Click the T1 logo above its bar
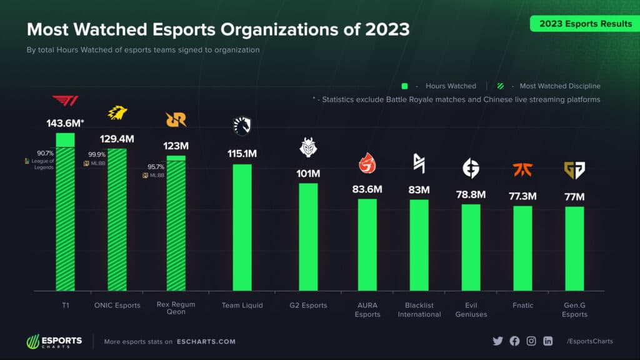pos(65,101)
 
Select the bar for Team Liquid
pos(242,227)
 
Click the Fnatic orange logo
pos(522,169)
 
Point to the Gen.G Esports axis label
pos(574,310)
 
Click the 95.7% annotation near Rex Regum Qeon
pos(156,167)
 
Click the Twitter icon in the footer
pos(497,341)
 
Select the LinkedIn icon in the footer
pos(548,341)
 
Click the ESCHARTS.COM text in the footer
pos(206,342)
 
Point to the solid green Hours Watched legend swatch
pos(405,86)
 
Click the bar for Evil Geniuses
pos(471,247)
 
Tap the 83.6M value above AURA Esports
pos(367,189)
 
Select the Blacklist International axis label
pos(419,310)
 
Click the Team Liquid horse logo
pos(242,126)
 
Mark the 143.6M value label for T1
pos(62,124)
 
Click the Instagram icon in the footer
pos(531,341)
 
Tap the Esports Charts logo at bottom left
pos(54,342)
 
